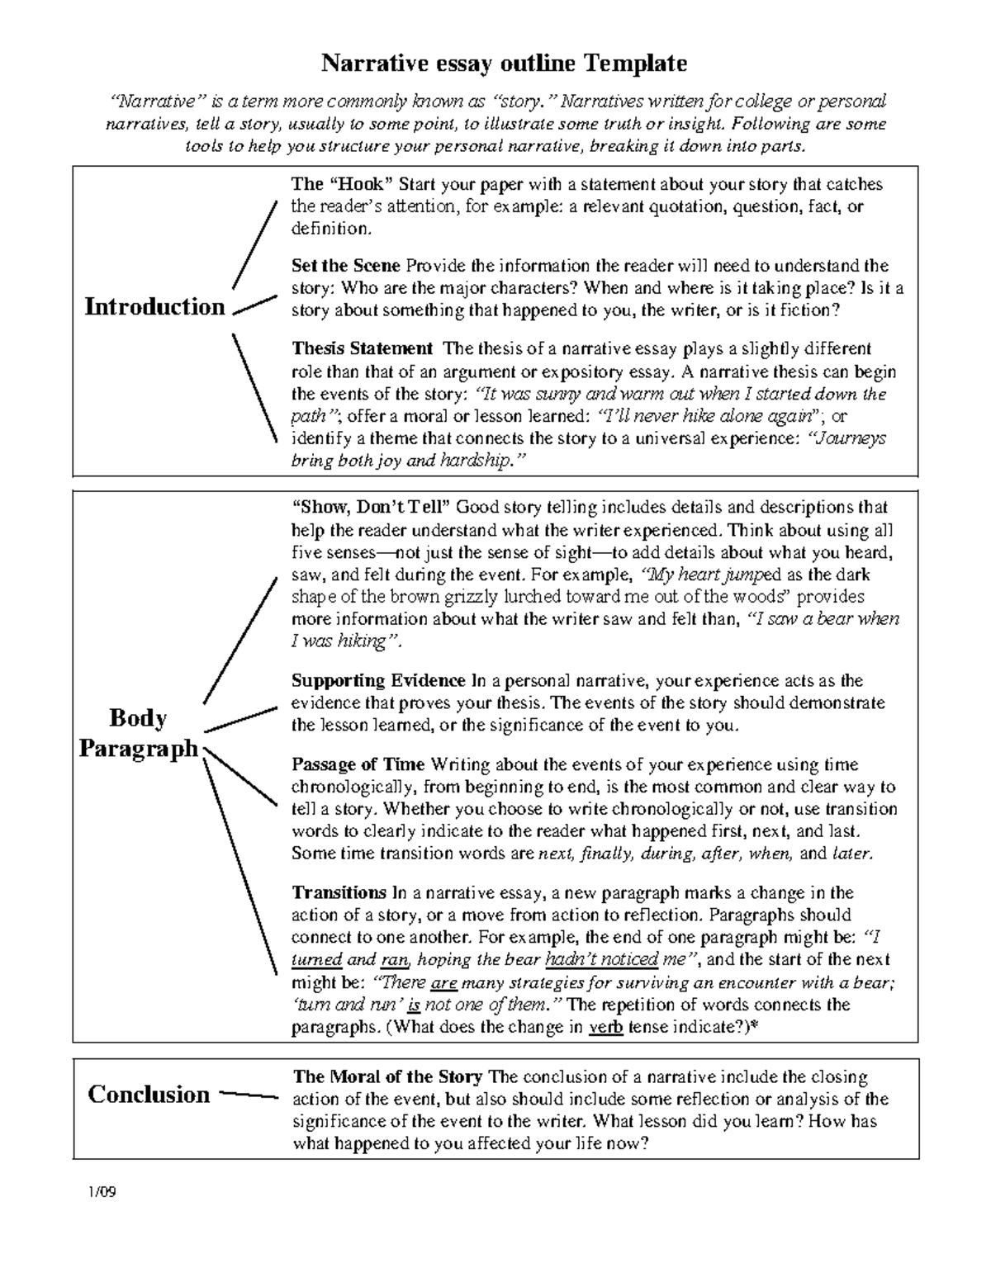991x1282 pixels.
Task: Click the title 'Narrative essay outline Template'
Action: [503, 63]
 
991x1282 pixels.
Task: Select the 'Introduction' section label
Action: [154, 307]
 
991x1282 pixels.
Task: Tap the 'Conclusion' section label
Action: [149, 1095]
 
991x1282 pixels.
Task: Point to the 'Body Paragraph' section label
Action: [138, 734]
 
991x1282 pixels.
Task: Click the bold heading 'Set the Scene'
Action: [345, 266]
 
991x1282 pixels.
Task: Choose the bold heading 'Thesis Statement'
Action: [362, 349]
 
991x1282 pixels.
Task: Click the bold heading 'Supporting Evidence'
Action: [378, 681]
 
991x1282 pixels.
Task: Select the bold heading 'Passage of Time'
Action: [358, 764]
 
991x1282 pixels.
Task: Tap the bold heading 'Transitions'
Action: [339, 892]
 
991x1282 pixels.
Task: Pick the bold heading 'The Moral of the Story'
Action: [388, 1076]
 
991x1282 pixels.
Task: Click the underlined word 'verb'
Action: [605, 1028]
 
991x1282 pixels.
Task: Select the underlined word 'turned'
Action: [317, 960]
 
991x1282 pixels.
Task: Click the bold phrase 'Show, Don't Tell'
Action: [372, 507]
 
